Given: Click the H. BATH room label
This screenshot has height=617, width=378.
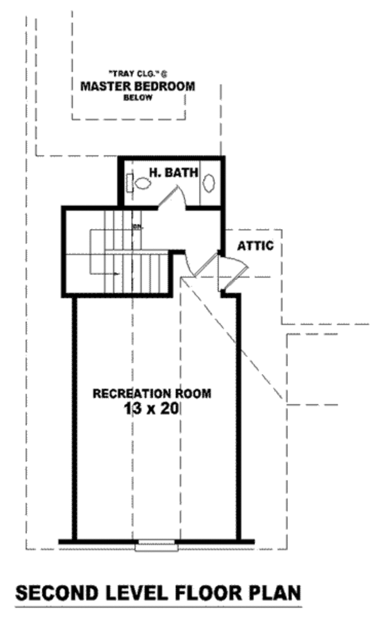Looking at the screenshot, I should [x=173, y=171].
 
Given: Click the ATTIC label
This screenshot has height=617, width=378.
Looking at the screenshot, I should [x=255, y=246].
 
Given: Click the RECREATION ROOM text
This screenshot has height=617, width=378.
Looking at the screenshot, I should [x=152, y=393].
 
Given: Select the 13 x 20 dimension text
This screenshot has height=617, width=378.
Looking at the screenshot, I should [x=152, y=408].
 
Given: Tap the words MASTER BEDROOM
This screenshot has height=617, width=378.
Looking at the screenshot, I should [x=137, y=86].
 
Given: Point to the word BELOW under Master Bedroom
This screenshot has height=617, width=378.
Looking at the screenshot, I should [x=137, y=98].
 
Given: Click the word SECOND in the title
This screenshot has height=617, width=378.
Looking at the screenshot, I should [x=57, y=593].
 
